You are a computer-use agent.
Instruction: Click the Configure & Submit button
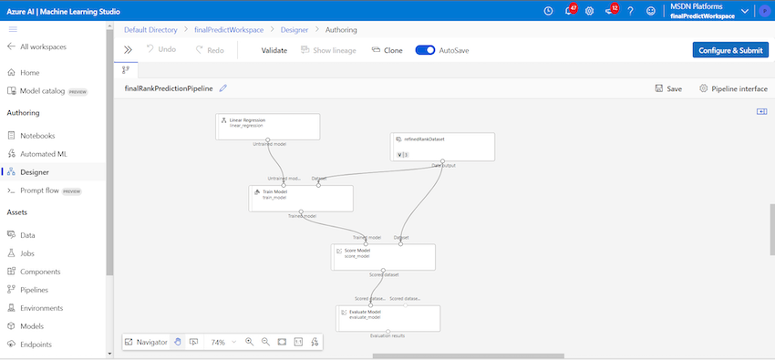[x=729, y=50]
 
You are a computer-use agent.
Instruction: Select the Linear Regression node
[x=268, y=126]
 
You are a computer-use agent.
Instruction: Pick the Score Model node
[x=383, y=257]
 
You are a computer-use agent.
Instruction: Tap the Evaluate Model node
[x=387, y=317]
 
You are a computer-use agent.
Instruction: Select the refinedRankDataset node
[x=443, y=146]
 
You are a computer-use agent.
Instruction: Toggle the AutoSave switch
[x=425, y=50]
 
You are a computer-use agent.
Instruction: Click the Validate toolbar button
[x=274, y=50]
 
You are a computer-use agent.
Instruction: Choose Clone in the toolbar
[x=387, y=50]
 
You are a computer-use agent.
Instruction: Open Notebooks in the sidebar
[x=38, y=136]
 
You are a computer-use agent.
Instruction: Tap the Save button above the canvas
[x=668, y=88]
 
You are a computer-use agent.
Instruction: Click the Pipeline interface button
[x=733, y=88]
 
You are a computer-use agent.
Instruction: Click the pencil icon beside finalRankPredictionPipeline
[x=223, y=88]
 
